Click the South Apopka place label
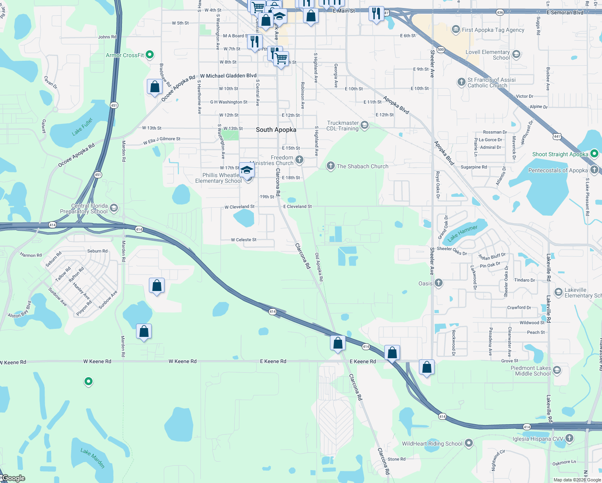tap(276, 130)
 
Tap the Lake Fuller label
tap(82, 127)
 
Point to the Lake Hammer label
tap(462, 233)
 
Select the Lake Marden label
tap(93, 458)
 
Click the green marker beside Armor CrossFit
tap(150, 54)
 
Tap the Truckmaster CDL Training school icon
tap(365, 125)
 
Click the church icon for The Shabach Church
tap(330, 166)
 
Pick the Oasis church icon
tap(439, 283)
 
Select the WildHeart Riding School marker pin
tap(468, 443)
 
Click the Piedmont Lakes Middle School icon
tap(557, 370)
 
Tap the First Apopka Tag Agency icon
tap(456, 29)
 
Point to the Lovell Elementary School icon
tap(516, 54)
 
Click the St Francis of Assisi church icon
tap(462, 82)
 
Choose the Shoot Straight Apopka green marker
tap(594, 153)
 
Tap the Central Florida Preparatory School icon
tap(114, 208)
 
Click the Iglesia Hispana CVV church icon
tap(569, 438)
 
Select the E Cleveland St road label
tap(297, 206)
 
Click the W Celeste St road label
tap(243, 240)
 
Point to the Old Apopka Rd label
tap(319, 267)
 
